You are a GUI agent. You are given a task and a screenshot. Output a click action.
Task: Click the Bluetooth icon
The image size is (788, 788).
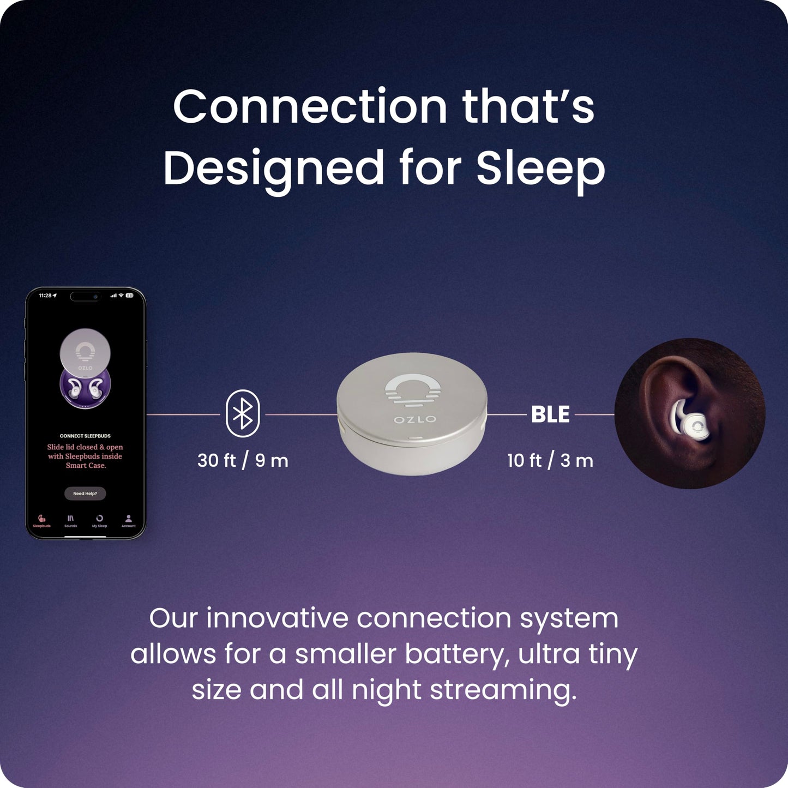pos(243,414)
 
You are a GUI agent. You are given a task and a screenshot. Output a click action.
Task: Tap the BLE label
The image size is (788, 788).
pos(550,414)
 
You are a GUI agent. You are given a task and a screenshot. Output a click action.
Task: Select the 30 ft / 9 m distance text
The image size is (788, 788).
pos(243,461)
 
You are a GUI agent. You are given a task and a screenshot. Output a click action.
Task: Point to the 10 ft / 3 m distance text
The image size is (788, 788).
pos(550,461)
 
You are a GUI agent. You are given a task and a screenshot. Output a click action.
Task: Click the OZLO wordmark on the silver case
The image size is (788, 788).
pos(415,419)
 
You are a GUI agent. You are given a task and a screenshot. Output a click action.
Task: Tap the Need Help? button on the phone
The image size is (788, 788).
pos(85,494)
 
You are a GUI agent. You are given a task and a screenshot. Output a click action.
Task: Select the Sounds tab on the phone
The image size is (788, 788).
pos(70,521)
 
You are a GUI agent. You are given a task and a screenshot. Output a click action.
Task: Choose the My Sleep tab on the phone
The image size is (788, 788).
pos(99,521)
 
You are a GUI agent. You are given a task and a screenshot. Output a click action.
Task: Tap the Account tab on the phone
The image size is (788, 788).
pos(128,521)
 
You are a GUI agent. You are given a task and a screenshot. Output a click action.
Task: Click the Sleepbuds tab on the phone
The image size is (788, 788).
pos(41,521)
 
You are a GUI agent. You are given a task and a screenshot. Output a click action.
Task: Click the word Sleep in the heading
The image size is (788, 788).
pos(540,167)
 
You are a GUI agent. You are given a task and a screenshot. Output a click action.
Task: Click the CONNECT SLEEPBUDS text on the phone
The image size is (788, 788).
pos(85,436)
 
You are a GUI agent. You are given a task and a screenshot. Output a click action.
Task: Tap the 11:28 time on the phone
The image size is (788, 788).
pos(45,296)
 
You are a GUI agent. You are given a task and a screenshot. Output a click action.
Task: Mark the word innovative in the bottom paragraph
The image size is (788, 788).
pos(277,618)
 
